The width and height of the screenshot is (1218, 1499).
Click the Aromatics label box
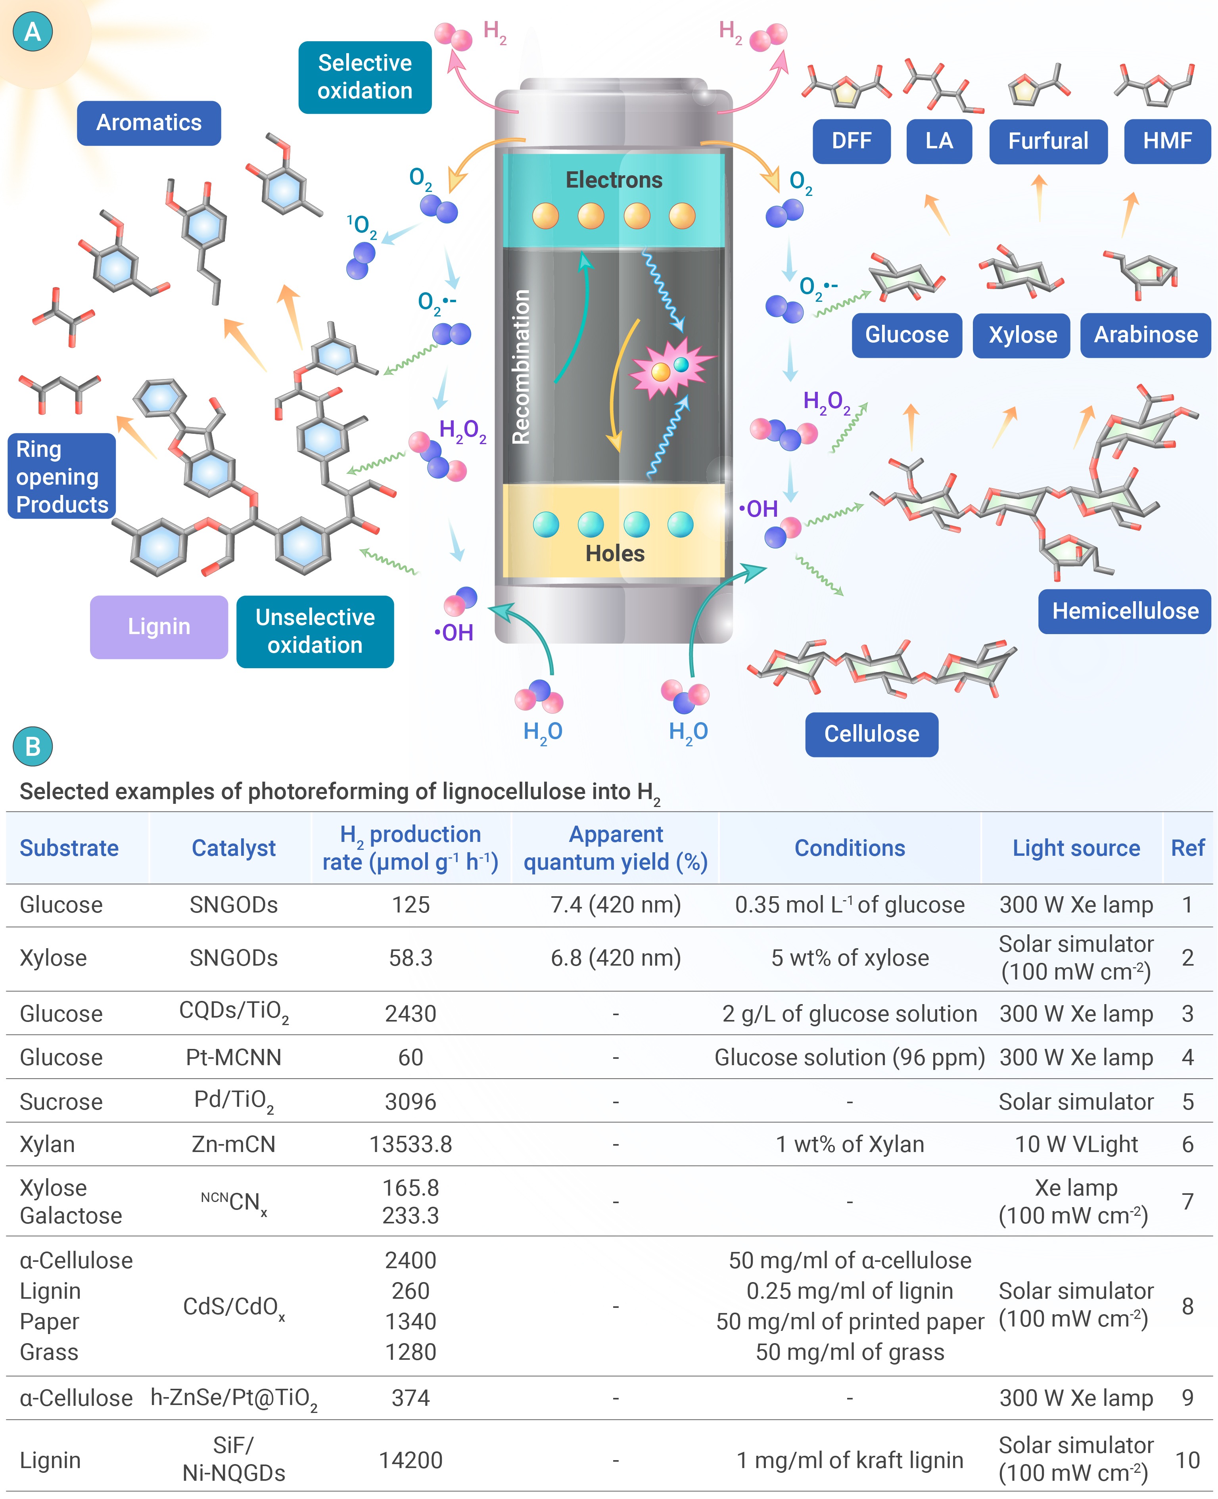click(149, 123)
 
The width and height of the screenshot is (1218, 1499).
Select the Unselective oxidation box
click(315, 631)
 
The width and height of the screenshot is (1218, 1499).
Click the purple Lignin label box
click(159, 627)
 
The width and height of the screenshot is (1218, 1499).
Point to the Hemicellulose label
click(1125, 611)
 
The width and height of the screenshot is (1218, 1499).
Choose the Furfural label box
click(1048, 141)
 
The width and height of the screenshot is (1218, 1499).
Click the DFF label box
click(852, 141)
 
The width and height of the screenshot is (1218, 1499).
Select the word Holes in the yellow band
click(615, 554)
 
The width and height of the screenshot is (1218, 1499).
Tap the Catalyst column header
click(234, 848)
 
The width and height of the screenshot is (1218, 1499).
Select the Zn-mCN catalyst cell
click(234, 1144)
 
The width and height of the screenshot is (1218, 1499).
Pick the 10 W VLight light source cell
click(1076, 1144)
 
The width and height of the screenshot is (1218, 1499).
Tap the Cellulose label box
click(871, 734)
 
